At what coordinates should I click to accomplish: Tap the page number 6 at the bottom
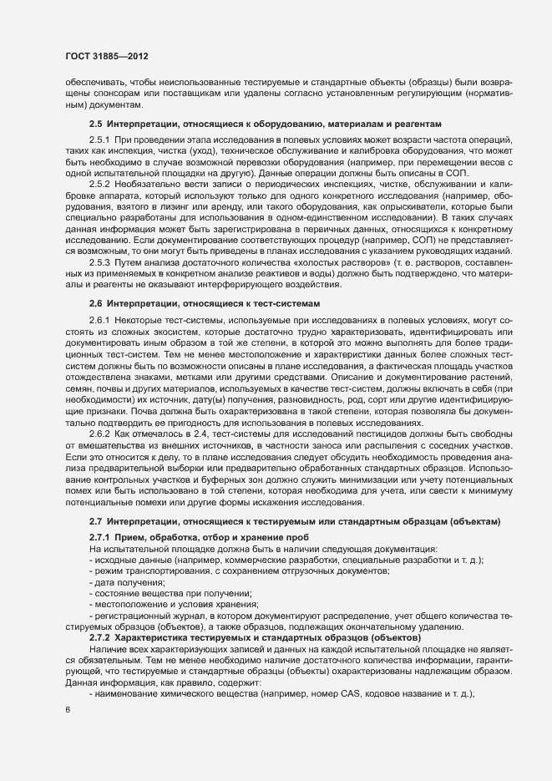(x=68, y=710)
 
